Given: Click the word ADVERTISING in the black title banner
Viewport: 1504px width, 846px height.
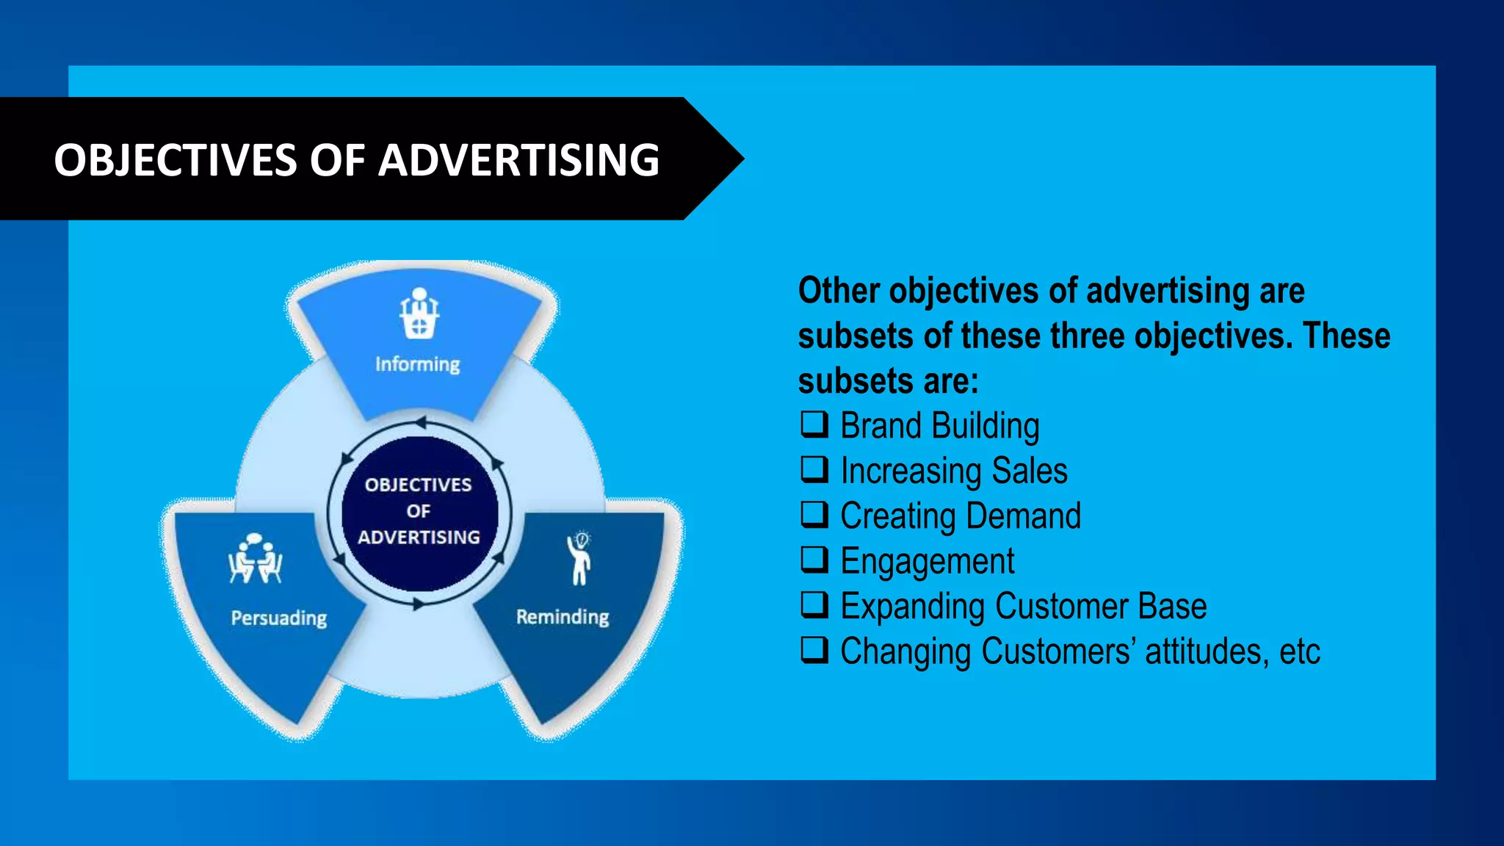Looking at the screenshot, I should (x=518, y=160).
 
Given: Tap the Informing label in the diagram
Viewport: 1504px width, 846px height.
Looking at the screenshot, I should (x=418, y=364).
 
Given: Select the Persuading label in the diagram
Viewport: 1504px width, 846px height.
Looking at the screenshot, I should (x=279, y=618).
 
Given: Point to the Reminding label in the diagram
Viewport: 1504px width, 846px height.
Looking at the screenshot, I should (x=563, y=617).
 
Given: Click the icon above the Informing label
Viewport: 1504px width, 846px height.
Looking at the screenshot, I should (x=419, y=314).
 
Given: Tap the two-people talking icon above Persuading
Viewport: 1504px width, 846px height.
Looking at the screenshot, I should (x=255, y=559).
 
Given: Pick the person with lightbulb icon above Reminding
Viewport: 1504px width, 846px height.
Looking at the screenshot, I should (x=579, y=558).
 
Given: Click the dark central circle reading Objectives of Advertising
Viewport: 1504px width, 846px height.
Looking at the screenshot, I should (x=419, y=512).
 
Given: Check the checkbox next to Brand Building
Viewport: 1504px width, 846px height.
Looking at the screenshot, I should (x=814, y=424).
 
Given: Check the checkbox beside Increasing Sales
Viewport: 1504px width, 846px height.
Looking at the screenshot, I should (x=814, y=469).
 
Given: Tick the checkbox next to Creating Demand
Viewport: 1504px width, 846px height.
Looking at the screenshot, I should (x=814, y=515).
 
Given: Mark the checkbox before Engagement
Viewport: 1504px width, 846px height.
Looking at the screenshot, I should (x=814, y=560).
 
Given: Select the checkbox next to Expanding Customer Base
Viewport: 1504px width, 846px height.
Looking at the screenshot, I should (x=814, y=605).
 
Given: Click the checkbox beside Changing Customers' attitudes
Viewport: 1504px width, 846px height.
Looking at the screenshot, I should (x=814, y=650).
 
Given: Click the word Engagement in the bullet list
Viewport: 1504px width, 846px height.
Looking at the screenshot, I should (x=927, y=562).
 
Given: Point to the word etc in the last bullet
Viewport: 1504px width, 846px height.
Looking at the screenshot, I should (x=1299, y=652).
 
